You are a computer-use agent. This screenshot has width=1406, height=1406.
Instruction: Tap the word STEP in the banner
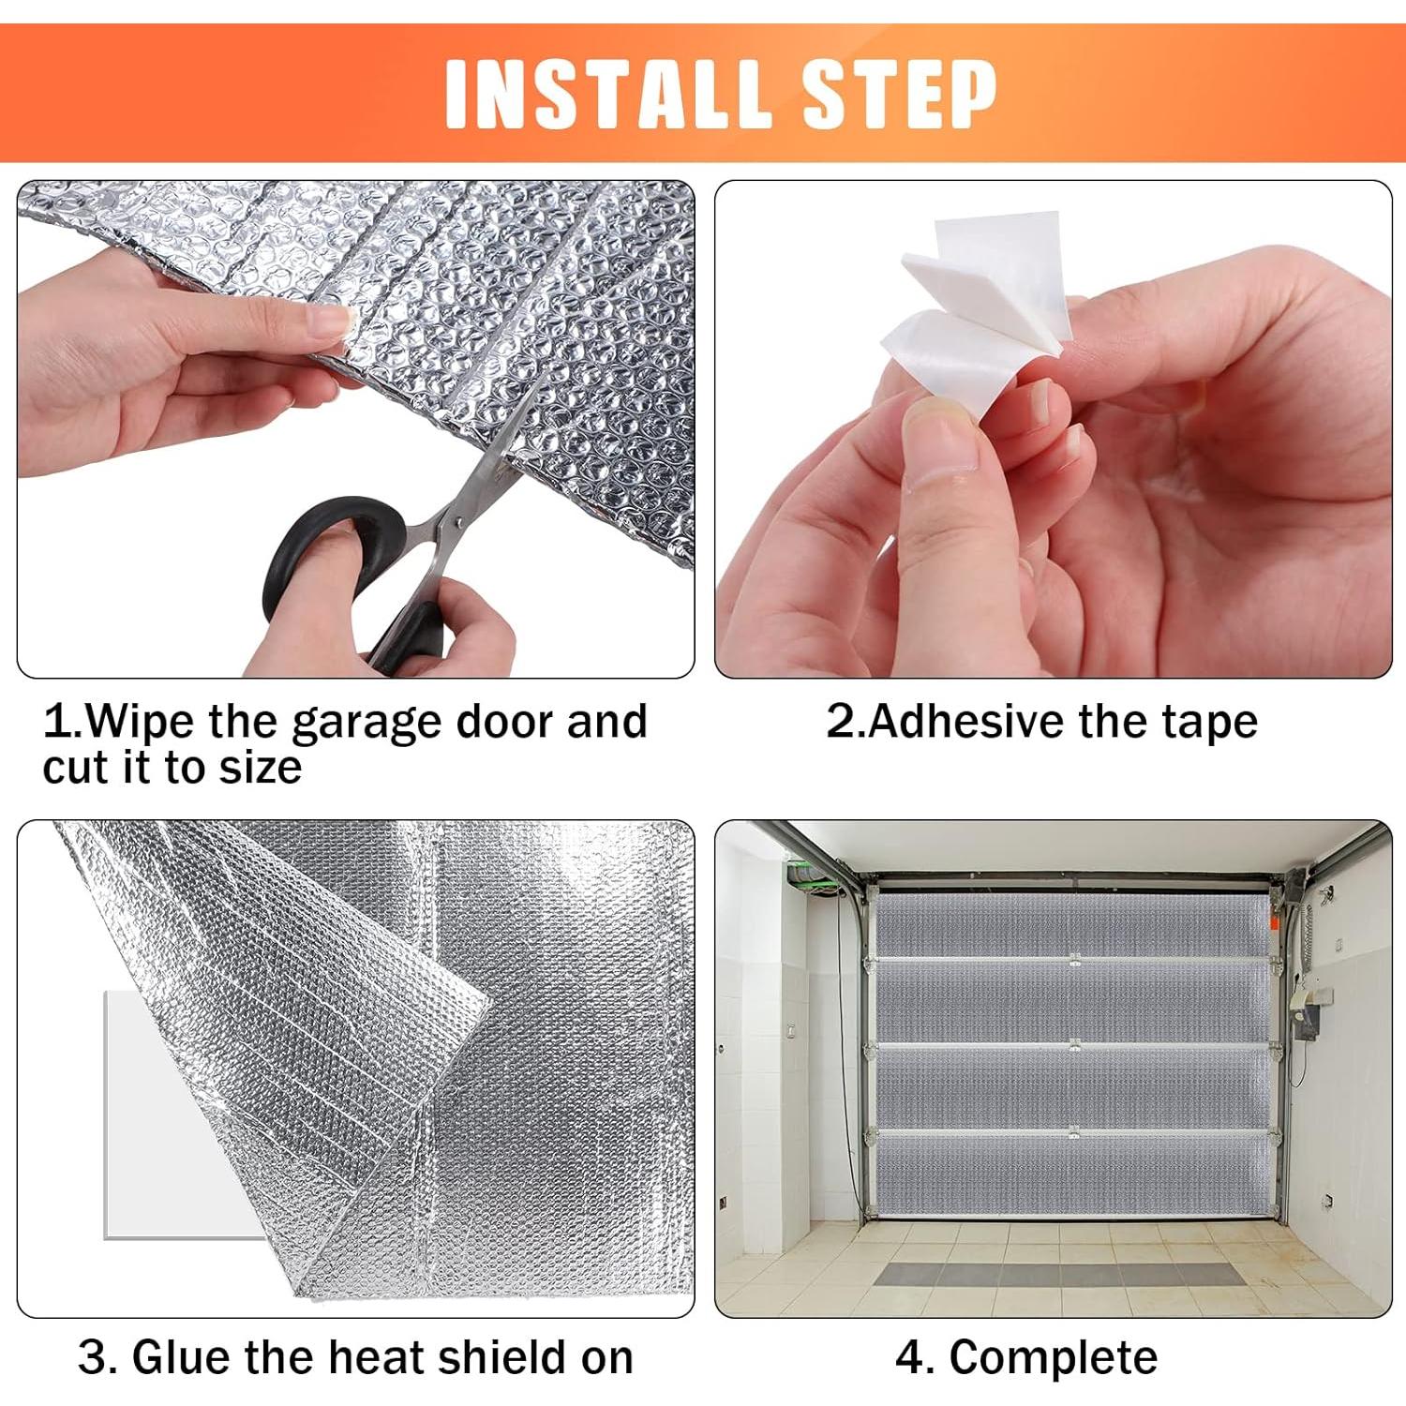899,94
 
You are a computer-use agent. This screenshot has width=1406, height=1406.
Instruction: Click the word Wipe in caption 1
141,722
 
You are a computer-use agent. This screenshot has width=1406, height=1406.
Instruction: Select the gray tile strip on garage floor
1059,1274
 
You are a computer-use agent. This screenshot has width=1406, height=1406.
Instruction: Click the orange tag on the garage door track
1276,922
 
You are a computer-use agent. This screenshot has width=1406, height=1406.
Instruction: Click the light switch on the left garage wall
790,1030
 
